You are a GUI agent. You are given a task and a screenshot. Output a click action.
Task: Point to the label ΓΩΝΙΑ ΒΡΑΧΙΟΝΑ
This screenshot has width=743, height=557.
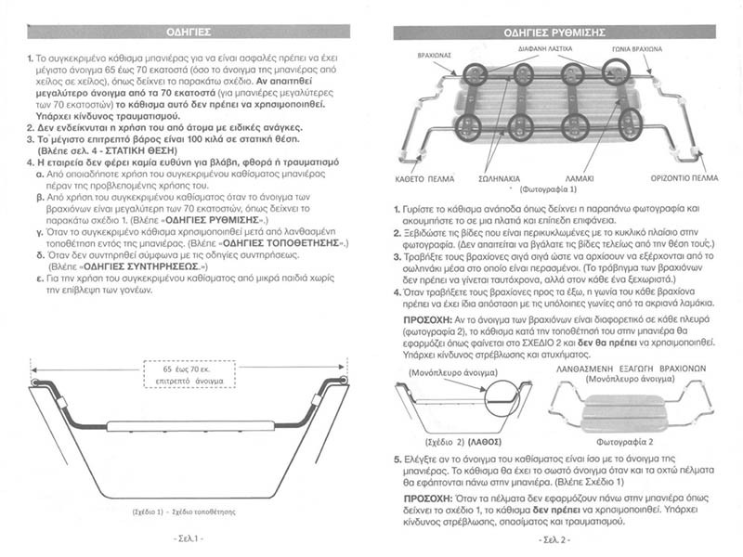[x=638, y=46]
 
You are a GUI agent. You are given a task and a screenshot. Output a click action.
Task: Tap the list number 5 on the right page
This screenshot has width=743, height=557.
[x=397, y=459]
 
